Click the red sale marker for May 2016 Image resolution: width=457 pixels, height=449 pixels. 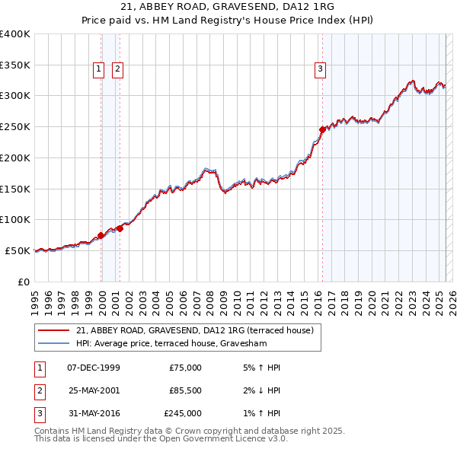click(x=322, y=130)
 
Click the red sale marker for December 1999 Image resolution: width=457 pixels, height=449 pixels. click(x=101, y=235)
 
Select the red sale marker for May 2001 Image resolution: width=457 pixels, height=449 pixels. click(x=120, y=228)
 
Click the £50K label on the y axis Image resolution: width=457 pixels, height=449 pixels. click(x=18, y=250)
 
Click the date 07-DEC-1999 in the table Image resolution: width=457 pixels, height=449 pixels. click(x=94, y=368)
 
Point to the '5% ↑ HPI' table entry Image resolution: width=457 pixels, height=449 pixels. click(x=260, y=368)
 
